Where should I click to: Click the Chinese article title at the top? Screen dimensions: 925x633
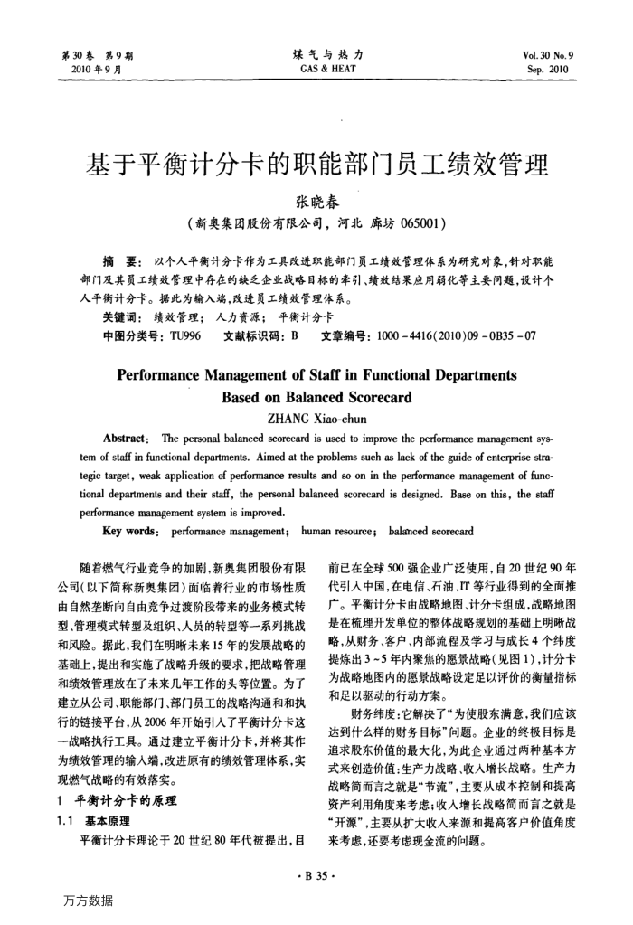[x=316, y=165]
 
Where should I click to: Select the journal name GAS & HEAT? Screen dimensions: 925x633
[x=316, y=67]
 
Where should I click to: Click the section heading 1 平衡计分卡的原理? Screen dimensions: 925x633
[x=117, y=801]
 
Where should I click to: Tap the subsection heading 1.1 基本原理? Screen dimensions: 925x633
[x=101, y=821]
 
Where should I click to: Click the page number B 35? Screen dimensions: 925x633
[x=316, y=874]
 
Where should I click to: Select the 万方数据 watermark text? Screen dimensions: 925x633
[x=89, y=901]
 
